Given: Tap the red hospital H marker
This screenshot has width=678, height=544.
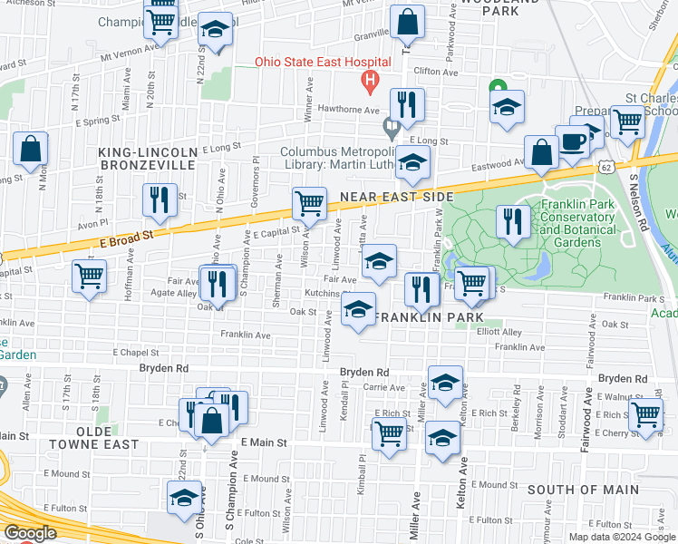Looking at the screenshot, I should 369,82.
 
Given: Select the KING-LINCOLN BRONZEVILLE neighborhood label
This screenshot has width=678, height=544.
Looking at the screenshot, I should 147,158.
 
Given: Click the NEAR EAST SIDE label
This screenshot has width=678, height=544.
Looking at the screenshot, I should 395,196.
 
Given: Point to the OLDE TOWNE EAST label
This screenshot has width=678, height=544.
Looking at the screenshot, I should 94,444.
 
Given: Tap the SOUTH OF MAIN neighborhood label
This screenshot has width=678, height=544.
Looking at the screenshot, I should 572,490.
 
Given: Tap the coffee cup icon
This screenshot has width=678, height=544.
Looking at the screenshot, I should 572,141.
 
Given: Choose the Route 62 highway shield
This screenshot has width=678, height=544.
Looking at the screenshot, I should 605,167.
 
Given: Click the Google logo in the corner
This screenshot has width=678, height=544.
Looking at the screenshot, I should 30,533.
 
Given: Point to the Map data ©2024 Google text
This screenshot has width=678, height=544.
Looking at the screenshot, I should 622,537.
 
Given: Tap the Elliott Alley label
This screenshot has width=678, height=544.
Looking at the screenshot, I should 500,333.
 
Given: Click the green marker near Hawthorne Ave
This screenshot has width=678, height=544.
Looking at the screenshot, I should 497,87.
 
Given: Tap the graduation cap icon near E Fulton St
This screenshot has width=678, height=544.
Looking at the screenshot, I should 184,498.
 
